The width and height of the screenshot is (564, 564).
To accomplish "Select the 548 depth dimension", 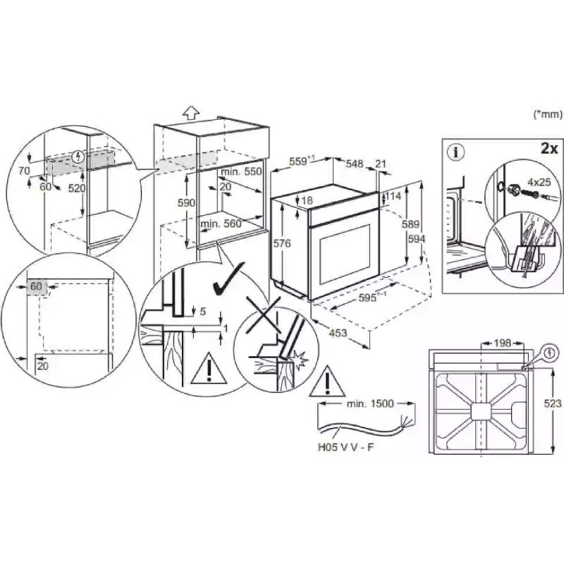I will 354,164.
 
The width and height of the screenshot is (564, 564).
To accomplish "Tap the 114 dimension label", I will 393,195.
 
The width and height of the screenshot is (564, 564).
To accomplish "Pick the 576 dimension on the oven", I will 282,243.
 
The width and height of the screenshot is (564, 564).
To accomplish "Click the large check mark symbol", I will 228,279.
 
